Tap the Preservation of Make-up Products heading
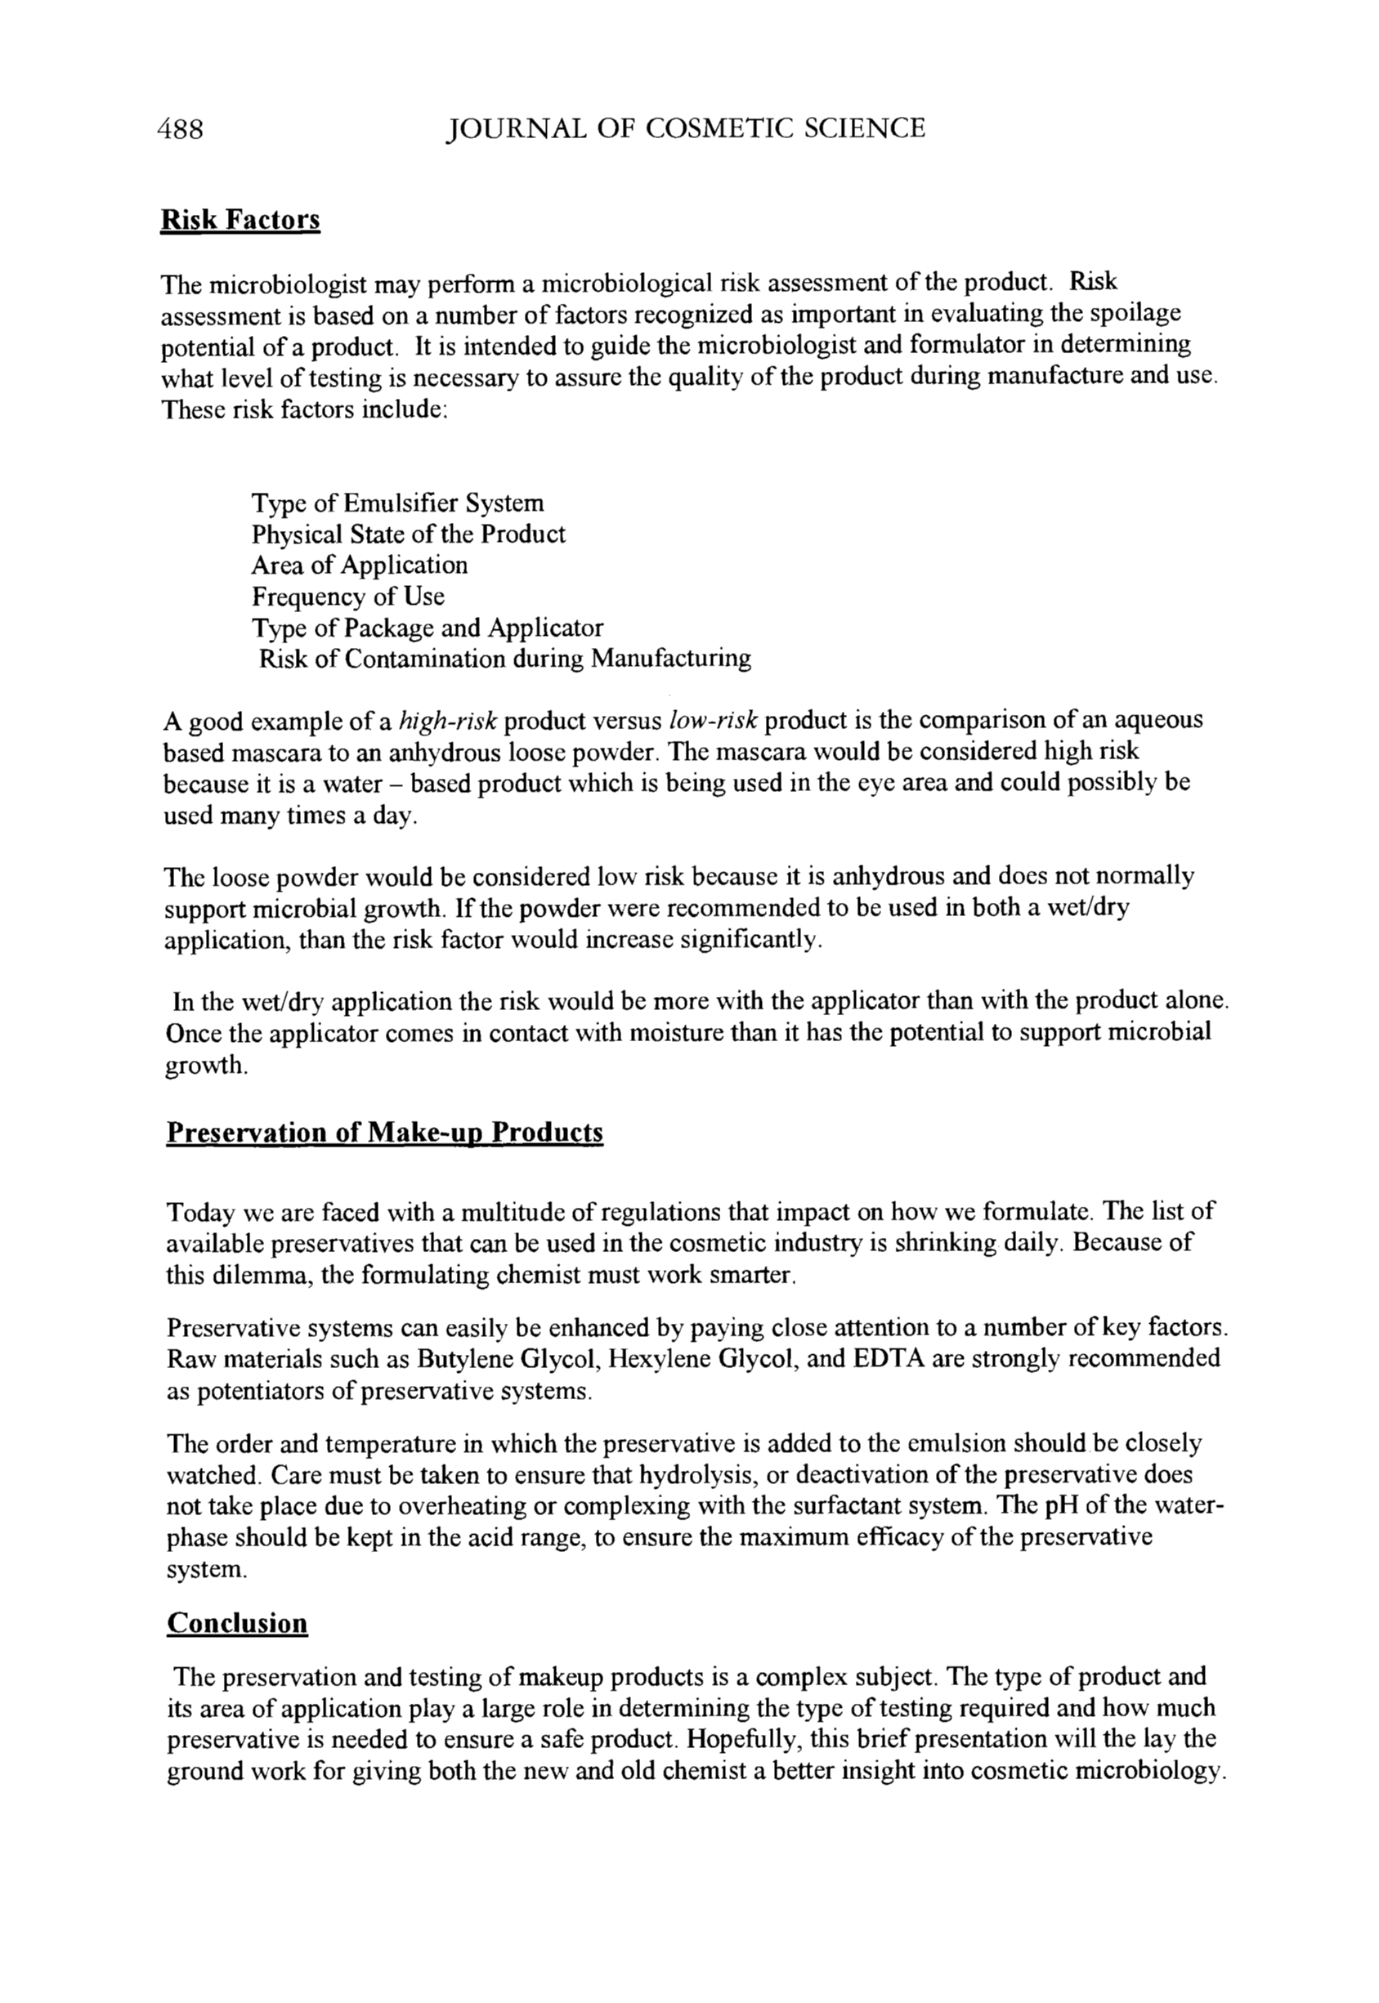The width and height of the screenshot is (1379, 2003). (384, 1133)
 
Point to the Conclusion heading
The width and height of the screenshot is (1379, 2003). (237, 1623)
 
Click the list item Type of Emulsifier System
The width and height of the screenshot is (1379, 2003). (398, 503)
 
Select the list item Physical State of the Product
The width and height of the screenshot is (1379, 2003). (409, 534)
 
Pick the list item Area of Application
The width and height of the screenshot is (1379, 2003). (360, 565)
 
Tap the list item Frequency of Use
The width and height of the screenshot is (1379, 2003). (348, 596)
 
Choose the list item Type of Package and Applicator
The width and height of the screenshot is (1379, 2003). (428, 627)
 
